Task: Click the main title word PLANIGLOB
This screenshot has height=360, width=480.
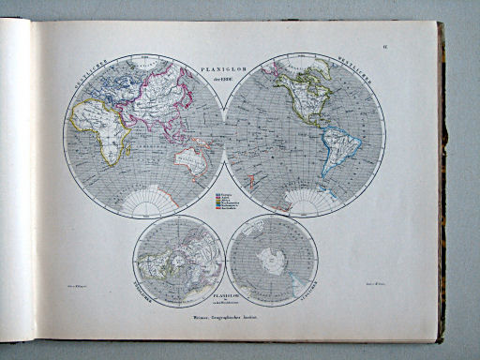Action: click(x=225, y=69)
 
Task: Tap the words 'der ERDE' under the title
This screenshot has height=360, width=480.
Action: click(x=225, y=79)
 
